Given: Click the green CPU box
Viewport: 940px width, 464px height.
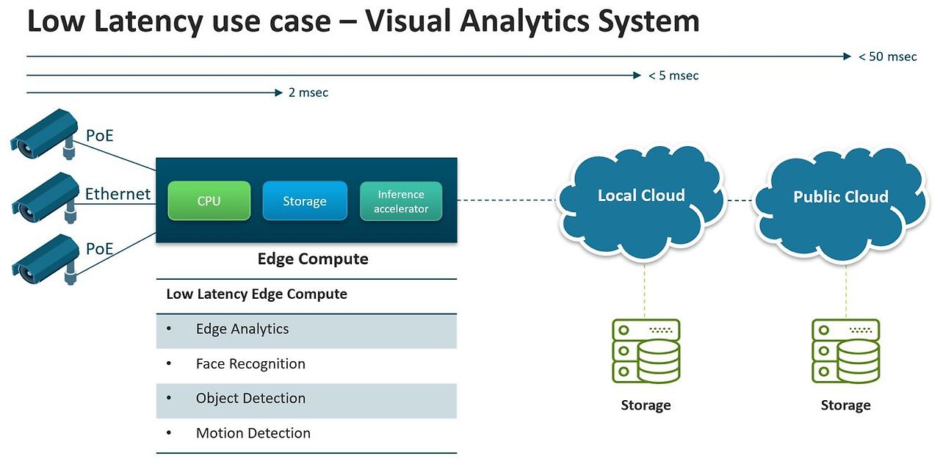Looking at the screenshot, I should tap(209, 200).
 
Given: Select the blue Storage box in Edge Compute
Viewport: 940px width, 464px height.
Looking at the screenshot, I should tap(305, 200).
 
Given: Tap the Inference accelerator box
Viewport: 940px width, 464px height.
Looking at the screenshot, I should tap(401, 200).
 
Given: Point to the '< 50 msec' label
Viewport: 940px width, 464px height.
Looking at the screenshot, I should tap(888, 57).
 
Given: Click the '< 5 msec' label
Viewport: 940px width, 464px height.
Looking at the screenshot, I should tap(673, 76).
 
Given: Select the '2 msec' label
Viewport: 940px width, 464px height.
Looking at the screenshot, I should tap(308, 93).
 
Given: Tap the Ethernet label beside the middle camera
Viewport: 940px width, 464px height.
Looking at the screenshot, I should tap(117, 194).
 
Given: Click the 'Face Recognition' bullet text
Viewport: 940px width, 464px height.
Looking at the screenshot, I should tap(250, 363).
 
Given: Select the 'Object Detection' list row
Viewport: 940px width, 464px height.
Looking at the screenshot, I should tap(306, 399).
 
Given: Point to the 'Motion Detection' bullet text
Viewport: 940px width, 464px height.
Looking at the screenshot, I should tap(253, 433).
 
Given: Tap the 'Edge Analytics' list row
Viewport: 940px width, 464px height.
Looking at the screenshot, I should tap(306, 329).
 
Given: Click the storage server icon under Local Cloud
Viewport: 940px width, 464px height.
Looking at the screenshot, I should tap(646, 350).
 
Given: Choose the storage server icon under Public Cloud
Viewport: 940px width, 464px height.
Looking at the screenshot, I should tap(845, 350).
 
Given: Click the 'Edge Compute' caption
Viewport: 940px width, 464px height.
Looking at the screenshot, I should tap(313, 259).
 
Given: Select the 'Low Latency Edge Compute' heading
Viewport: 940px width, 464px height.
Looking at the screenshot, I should tap(256, 294).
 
